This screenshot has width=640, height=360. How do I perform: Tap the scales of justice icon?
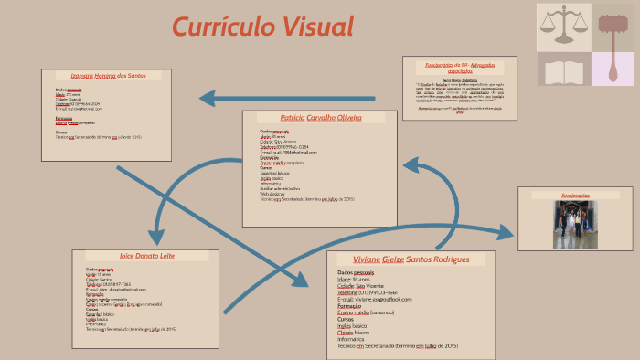pos(561,26)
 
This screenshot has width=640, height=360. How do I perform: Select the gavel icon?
pos(613,26)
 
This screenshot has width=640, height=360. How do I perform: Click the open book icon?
pos(561,70)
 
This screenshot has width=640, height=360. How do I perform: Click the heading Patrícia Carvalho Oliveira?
pos(320,118)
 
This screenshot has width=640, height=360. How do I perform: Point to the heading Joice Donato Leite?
pos(146,257)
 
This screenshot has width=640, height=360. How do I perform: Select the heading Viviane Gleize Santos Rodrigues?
pos(411,259)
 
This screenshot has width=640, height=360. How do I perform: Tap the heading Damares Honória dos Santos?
pos(107,75)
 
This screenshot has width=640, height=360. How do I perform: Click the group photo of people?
pos(575,225)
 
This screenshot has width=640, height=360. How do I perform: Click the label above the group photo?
pos(575,196)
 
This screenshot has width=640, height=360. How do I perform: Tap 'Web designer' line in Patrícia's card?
pos(272,194)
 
